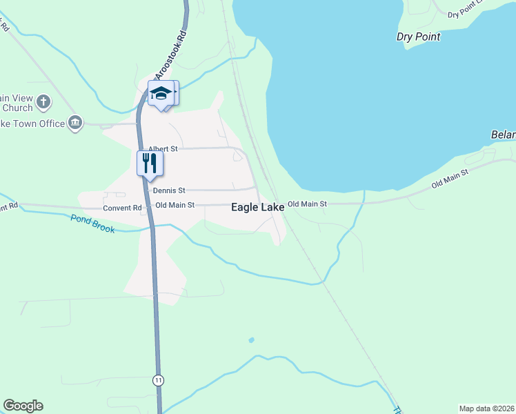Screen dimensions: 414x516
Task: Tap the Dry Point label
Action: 418,37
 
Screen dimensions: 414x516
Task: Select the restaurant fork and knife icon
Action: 150,164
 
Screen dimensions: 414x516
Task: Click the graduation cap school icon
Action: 161,93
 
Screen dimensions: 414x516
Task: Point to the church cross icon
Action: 43,103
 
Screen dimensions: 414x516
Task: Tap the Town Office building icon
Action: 75,124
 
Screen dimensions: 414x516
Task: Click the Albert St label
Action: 163,149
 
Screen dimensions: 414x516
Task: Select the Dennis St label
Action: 169,190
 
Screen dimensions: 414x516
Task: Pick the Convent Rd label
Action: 122,208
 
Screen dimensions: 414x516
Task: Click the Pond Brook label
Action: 92,223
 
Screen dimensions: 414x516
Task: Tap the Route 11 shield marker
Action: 159,380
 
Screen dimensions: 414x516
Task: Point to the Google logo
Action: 23,406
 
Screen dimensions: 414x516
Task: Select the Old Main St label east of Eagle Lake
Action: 307,204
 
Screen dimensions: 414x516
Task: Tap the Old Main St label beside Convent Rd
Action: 176,205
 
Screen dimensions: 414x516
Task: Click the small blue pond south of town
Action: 250,340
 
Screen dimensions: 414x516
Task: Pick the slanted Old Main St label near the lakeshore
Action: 450,179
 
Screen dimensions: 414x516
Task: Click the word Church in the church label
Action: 17,108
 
